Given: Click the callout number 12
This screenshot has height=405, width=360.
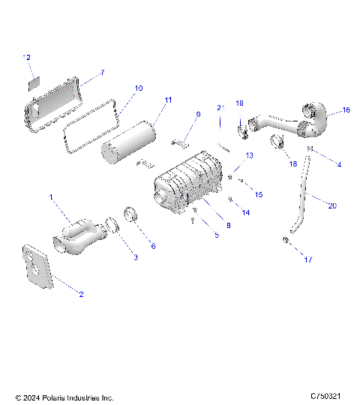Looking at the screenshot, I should (28, 57).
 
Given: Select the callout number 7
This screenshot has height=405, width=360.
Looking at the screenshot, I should (102, 73).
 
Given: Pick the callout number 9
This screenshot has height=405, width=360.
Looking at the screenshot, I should (198, 114).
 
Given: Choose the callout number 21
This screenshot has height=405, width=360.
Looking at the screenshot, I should (220, 108).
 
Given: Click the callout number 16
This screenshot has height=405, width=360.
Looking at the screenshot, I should (346, 110).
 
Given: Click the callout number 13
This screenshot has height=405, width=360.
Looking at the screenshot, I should (250, 155).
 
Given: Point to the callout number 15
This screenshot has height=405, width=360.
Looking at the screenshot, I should (259, 195).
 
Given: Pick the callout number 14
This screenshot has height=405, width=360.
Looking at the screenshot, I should (245, 213).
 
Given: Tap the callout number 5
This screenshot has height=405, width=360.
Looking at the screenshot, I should (217, 235).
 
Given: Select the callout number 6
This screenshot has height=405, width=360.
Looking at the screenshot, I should (153, 245).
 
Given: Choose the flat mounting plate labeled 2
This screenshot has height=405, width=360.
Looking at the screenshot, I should (37, 267).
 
